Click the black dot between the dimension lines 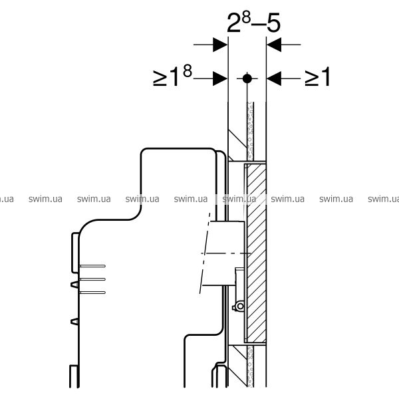[x=247, y=78]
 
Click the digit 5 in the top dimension [x=274, y=23]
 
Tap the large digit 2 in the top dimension [x=233, y=23]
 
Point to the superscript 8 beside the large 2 [x=246, y=17]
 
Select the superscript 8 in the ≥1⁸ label [x=188, y=71]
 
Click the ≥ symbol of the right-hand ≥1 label [x=312, y=78]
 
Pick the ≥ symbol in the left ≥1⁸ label [x=160, y=78]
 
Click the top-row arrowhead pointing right [x=220, y=45]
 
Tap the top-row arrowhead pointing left [x=274, y=45]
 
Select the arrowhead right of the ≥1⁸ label [x=220, y=78]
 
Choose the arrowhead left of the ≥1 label [x=274, y=78]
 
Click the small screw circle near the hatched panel [x=240, y=307]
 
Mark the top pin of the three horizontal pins [x=92, y=266]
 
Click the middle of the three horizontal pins [x=92, y=279]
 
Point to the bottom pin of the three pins [x=92, y=293]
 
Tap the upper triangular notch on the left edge [x=74, y=284]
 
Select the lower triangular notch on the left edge [x=74, y=322]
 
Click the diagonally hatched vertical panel [x=257, y=253]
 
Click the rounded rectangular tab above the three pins [x=75, y=253]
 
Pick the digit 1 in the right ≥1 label [x=325, y=76]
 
